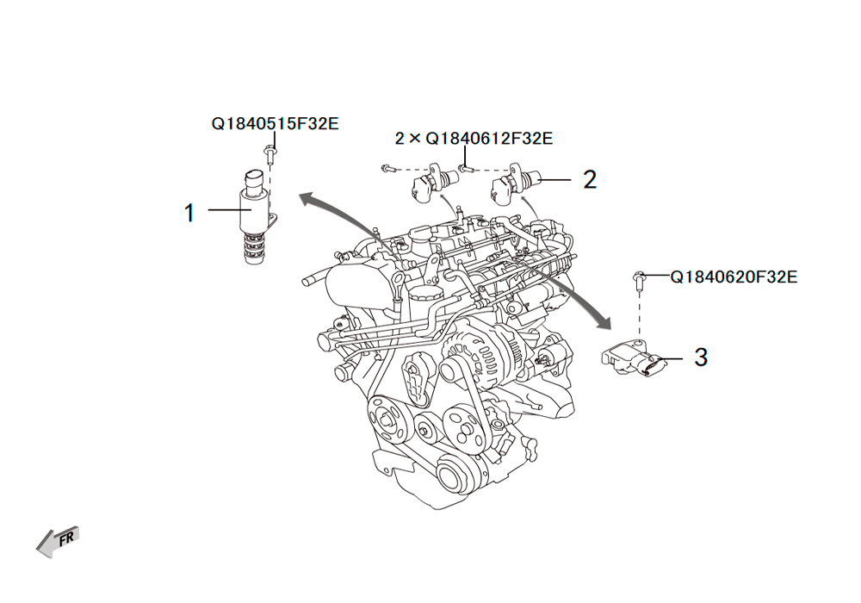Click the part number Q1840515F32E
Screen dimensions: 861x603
[x=276, y=123]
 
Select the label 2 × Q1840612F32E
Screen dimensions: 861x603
[x=474, y=138]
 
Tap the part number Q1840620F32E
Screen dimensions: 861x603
[x=734, y=277]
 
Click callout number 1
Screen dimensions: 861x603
[x=189, y=213]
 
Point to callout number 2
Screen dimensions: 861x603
[x=590, y=179]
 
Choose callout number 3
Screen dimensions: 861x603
[x=701, y=357]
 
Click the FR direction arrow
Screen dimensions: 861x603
[x=58, y=542]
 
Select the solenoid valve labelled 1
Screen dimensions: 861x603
[x=256, y=216]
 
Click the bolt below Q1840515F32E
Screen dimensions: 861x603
[x=269, y=154]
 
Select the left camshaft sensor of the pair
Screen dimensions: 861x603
[x=434, y=183]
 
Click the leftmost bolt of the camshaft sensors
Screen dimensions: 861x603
[x=388, y=168]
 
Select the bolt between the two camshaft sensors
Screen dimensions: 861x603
[x=466, y=168]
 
